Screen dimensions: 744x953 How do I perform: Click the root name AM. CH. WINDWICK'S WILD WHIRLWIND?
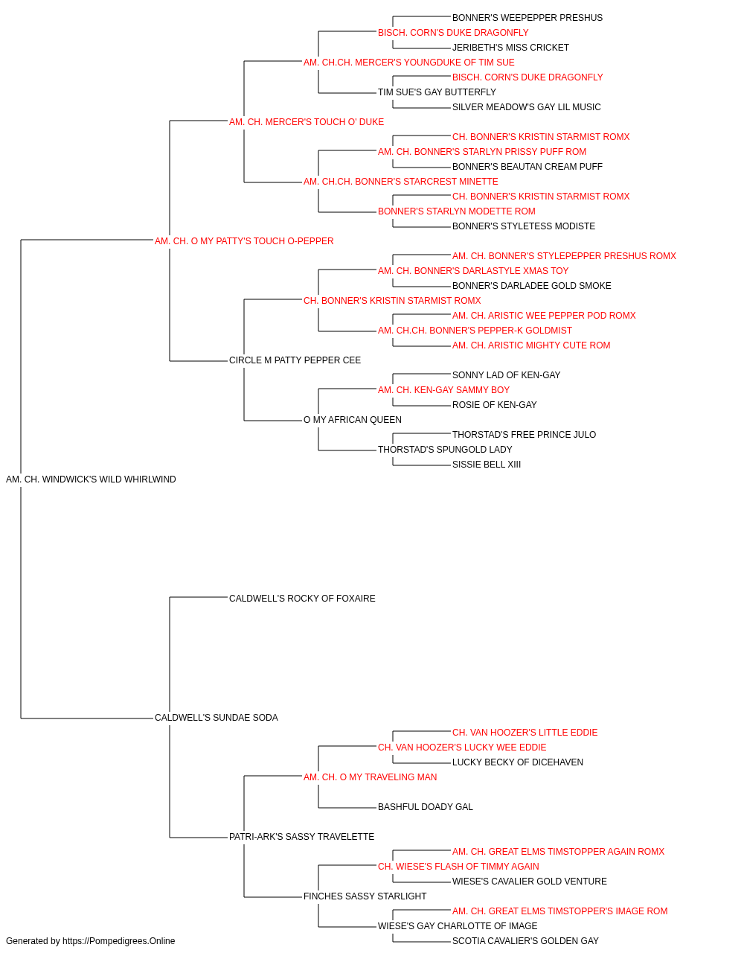pyautogui.click(x=91, y=479)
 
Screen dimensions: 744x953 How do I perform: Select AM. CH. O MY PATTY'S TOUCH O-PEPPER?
pyautogui.click(x=244, y=241)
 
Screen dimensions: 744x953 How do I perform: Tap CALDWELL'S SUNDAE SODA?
pyautogui.click(x=217, y=718)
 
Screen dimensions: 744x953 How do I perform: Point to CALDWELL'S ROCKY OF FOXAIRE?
pyautogui.click(x=302, y=599)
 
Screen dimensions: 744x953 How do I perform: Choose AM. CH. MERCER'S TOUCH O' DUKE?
pyautogui.click(x=307, y=122)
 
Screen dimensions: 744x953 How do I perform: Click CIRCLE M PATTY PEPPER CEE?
pyautogui.click(x=295, y=360)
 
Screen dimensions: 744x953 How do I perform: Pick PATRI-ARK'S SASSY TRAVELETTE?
pyautogui.click(x=302, y=837)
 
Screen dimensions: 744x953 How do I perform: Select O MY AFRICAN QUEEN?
pyautogui.click(x=353, y=420)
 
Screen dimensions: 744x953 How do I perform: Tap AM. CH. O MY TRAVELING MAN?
pyautogui.click(x=371, y=777)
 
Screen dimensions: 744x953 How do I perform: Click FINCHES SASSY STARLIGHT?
pyautogui.click(x=365, y=896)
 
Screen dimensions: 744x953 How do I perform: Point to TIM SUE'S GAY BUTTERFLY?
pyautogui.click(x=437, y=92)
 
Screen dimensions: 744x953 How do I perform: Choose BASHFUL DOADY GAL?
pyautogui.click(x=426, y=807)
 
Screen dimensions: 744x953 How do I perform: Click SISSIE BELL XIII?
pyautogui.click(x=487, y=465)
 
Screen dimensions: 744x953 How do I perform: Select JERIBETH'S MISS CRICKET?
pyautogui.click(x=511, y=48)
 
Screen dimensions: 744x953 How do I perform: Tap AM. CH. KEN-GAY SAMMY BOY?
pyautogui.click(x=444, y=390)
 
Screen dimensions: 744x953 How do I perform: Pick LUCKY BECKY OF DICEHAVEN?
pyautogui.click(x=518, y=762)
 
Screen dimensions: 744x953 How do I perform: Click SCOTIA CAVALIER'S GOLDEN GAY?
pyautogui.click(x=526, y=941)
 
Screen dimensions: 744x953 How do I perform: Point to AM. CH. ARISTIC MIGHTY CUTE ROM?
pyautogui.click(x=531, y=345)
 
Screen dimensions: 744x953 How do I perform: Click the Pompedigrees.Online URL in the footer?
pyautogui.click(x=119, y=941)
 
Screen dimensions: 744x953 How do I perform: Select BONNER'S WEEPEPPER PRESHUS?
pyautogui.click(x=527, y=18)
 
